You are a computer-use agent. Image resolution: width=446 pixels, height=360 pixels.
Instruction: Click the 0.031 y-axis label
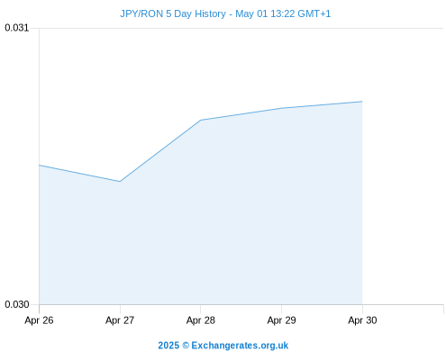[17, 28]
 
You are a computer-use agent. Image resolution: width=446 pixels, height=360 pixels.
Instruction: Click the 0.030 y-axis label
[17, 304]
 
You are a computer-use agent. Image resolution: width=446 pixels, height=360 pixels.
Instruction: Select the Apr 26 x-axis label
[39, 320]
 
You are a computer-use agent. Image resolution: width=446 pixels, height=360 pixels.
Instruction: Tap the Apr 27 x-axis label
[120, 320]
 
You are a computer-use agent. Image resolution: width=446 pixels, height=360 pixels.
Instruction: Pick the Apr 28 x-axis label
[201, 320]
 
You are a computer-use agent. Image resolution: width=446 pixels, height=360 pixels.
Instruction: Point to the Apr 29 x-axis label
[281, 320]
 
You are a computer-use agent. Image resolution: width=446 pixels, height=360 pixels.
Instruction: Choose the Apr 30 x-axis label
[362, 320]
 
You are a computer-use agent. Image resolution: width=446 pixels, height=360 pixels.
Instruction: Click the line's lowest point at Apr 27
[120, 182]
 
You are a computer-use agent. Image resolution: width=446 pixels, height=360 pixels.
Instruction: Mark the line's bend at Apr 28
[201, 120]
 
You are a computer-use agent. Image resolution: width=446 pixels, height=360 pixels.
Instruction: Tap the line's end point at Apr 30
[362, 102]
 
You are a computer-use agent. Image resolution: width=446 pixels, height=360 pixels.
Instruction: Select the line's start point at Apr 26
[39, 165]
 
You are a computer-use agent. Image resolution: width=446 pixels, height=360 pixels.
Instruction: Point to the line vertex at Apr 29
[281, 108]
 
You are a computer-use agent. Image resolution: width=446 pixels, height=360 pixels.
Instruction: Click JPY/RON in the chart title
[141, 13]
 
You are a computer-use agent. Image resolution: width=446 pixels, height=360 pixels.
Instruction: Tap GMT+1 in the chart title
[314, 13]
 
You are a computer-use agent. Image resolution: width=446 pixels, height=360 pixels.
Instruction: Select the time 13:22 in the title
[283, 13]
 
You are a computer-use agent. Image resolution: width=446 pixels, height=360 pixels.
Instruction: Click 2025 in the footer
[168, 346]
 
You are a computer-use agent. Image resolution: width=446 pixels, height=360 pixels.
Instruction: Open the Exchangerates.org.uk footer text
[240, 346]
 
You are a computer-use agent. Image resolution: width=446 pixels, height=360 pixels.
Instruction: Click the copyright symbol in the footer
[186, 346]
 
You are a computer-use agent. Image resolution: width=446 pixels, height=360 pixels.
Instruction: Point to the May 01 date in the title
[251, 13]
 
